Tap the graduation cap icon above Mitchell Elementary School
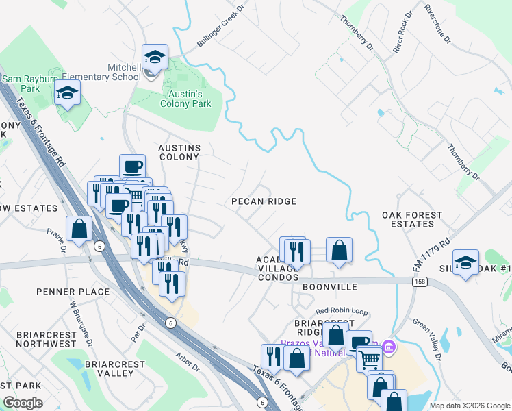click(x=155, y=58)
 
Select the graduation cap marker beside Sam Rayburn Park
click(x=68, y=93)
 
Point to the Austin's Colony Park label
click(x=185, y=99)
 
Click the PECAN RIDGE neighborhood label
click(x=264, y=201)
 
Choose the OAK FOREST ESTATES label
click(x=412, y=219)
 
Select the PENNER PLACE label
click(x=74, y=292)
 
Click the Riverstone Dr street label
click(x=437, y=25)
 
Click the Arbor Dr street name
click(x=187, y=362)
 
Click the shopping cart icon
click(x=369, y=358)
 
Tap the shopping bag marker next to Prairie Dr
click(x=79, y=229)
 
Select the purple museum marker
click(x=389, y=347)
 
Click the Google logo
click(x=23, y=403)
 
